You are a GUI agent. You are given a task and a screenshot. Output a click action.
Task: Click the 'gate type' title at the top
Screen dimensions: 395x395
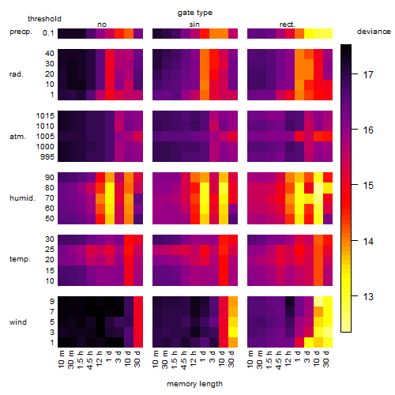(x=195, y=13)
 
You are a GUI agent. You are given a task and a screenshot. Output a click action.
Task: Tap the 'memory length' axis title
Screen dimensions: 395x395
(x=194, y=384)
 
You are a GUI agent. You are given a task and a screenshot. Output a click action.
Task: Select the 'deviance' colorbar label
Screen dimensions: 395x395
(x=374, y=32)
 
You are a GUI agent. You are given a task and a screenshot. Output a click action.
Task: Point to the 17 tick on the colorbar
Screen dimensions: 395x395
(x=368, y=75)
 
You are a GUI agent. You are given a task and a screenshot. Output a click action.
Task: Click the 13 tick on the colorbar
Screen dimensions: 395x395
(x=368, y=297)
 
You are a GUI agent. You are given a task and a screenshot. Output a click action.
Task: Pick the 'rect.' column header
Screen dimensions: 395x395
(x=287, y=24)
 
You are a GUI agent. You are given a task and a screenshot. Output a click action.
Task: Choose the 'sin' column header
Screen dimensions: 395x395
(x=194, y=24)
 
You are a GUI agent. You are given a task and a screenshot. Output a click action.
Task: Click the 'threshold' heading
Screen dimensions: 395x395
(x=44, y=19)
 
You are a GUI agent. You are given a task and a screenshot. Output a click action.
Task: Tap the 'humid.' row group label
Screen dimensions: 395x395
(x=22, y=198)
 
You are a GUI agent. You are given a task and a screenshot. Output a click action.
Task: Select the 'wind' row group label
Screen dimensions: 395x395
(x=18, y=322)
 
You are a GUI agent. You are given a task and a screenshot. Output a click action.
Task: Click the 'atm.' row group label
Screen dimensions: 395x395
(x=17, y=137)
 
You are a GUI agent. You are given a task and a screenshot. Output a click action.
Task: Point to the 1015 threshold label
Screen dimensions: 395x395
(x=45, y=116)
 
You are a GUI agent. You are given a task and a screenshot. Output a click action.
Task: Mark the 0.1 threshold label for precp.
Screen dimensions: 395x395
(x=48, y=33)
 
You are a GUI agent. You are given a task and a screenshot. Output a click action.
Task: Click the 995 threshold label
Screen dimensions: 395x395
(x=47, y=157)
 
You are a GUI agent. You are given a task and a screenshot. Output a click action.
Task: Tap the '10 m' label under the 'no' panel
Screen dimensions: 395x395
(x=61, y=359)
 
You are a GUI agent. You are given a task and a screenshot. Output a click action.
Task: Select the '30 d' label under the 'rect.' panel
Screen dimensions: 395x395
(x=326, y=359)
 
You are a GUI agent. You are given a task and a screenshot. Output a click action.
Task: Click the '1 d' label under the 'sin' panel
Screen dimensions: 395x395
(x=203, y=356)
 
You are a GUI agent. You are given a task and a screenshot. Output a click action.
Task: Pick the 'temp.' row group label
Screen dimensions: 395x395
(x=20, y=259)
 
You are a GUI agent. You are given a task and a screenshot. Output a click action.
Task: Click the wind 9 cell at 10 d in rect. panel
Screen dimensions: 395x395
(x=318, y=301)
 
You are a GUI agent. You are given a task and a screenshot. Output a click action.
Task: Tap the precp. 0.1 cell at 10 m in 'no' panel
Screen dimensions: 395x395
(x=62, y=33)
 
